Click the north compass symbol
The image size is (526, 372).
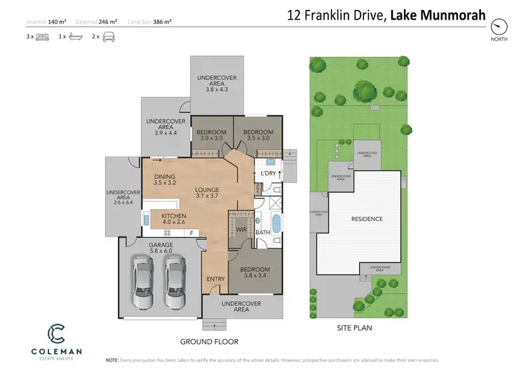499,27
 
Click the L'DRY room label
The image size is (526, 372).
268,173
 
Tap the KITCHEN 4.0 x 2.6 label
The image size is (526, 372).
173,218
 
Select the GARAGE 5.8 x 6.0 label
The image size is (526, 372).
163,247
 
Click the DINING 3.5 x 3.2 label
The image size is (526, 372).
164,180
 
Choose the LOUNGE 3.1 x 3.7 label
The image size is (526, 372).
208,193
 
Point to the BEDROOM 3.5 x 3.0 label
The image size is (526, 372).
257,135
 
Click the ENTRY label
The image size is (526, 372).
215,279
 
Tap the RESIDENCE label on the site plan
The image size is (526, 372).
367,219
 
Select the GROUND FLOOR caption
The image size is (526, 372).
209,342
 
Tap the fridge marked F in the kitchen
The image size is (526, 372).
191,233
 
